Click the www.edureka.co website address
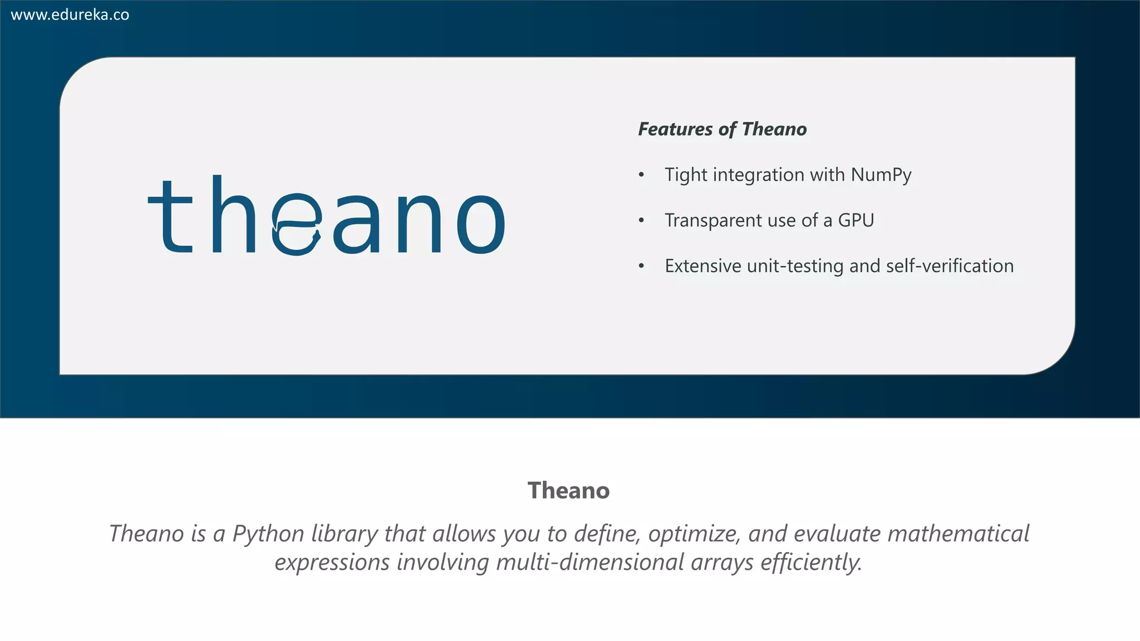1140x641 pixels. [70, 15]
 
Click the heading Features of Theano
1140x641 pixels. [722, 129]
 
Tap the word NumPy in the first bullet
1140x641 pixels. [881, 175]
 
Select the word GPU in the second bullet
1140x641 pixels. [856, 221]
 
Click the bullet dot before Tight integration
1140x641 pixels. [641, 175]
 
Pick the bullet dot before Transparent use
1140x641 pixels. [641, 221]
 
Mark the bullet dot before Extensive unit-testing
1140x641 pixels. [641, 267]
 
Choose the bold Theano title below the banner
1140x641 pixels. [568, 491]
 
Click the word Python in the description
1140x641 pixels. [268, 534]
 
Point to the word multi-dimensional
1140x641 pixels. [589, 562]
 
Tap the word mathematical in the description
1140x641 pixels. [958, 534]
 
